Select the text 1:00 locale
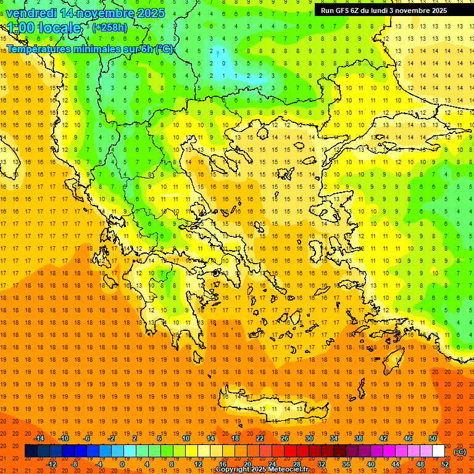[x=44, y=28]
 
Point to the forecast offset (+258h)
[x=110, y=28]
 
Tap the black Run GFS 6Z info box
[x=388, y=10]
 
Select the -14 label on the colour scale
[x=39, y=438]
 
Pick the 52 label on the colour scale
[x=445, y=464]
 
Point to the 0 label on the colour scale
[x=122, y=464]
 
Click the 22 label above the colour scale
[x=260, y=438]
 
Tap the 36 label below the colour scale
[x=346, y=464]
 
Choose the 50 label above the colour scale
[x=433, y=438]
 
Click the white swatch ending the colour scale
[x=439, y=451]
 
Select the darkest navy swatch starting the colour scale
[x=31, y=451]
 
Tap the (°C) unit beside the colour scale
[x=460, y=452]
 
